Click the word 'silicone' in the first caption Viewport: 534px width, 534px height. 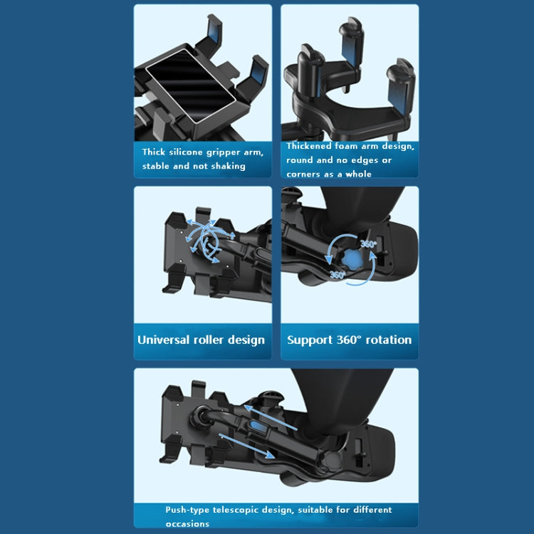(x=187, y=152)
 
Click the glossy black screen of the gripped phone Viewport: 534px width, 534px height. (x=191, y=85)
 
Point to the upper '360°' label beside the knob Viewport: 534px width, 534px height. (x=369, y=244)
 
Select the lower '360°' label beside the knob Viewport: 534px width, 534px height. (x=337, y=275)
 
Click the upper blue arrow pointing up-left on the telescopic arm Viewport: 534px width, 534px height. (x=271, y=417)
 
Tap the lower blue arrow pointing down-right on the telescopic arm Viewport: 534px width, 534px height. (x=247, y=446)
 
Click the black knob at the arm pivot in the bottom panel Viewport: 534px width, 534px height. (x=332, y=461)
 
